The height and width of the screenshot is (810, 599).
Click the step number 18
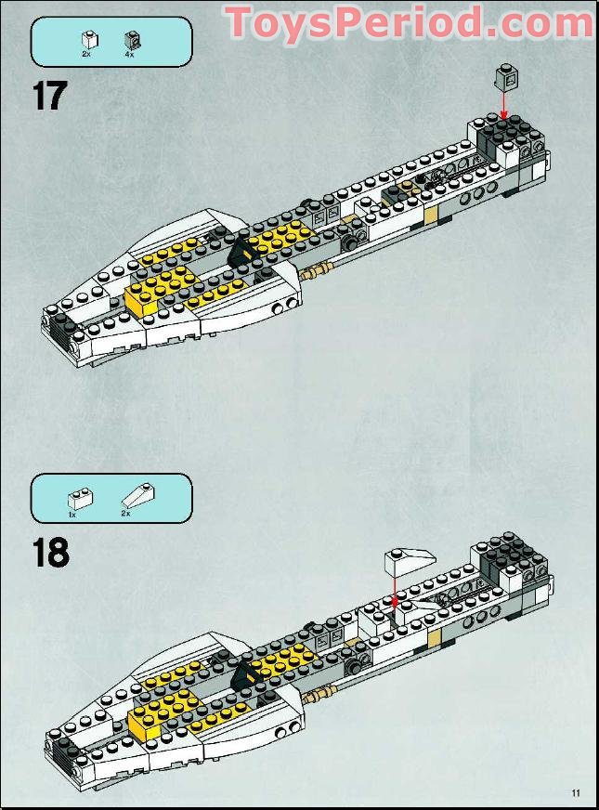51,552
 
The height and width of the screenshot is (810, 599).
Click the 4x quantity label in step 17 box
129,55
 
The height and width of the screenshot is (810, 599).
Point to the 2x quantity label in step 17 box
85,55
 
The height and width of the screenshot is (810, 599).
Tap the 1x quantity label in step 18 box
72,514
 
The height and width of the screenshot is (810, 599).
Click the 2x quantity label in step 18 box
126,514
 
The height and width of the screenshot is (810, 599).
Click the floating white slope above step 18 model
408,560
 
